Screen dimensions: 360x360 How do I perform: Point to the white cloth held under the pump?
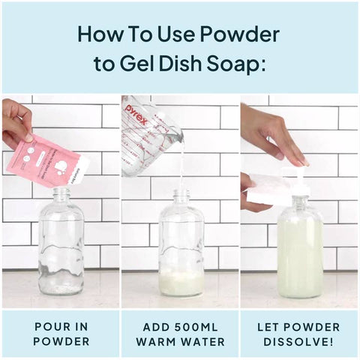(x=266, y=187)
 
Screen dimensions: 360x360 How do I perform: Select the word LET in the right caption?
(x=269, y=327)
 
